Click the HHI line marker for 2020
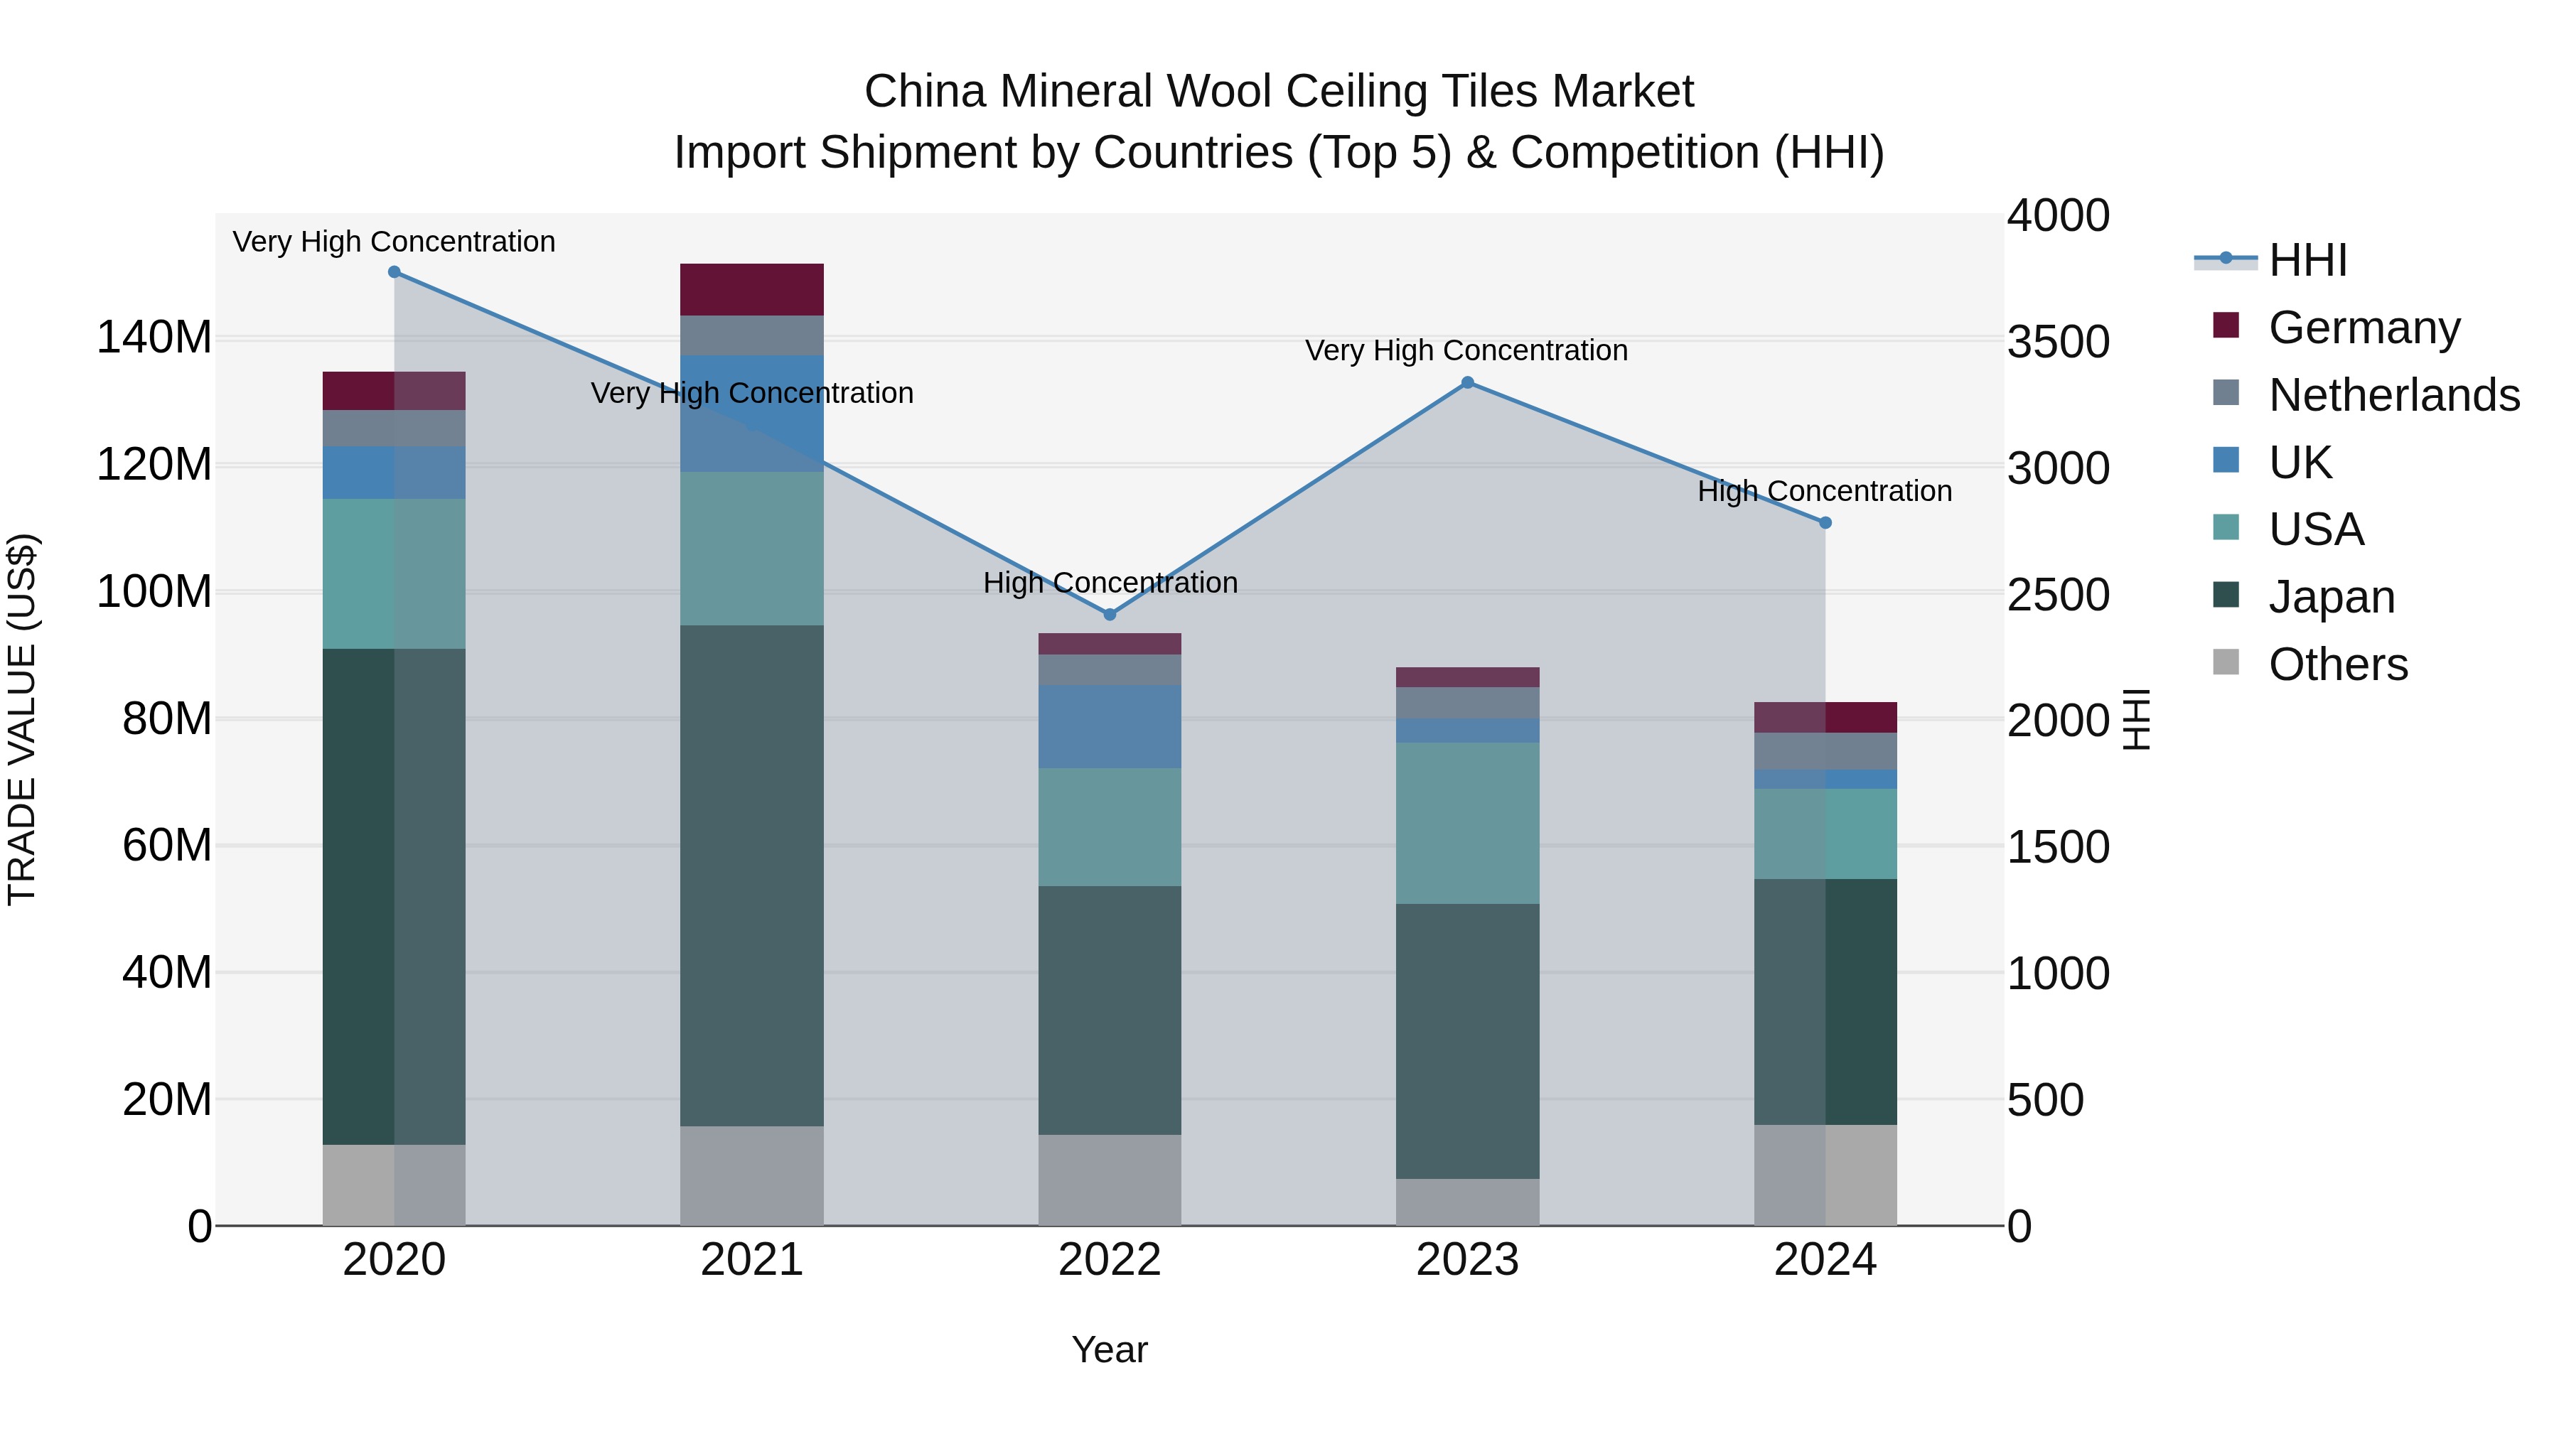point(395,272)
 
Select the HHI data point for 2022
point(1110,615)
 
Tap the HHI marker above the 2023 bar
point(1467,382)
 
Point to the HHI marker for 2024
point(1825,522)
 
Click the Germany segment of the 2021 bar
point(752,289)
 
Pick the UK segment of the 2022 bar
point(1110,726)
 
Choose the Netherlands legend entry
point(2393,395)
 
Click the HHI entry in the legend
point(2307,260)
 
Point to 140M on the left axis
point(154,338)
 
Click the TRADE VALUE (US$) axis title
point(22,719)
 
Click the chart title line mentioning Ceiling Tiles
point(1279,92)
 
